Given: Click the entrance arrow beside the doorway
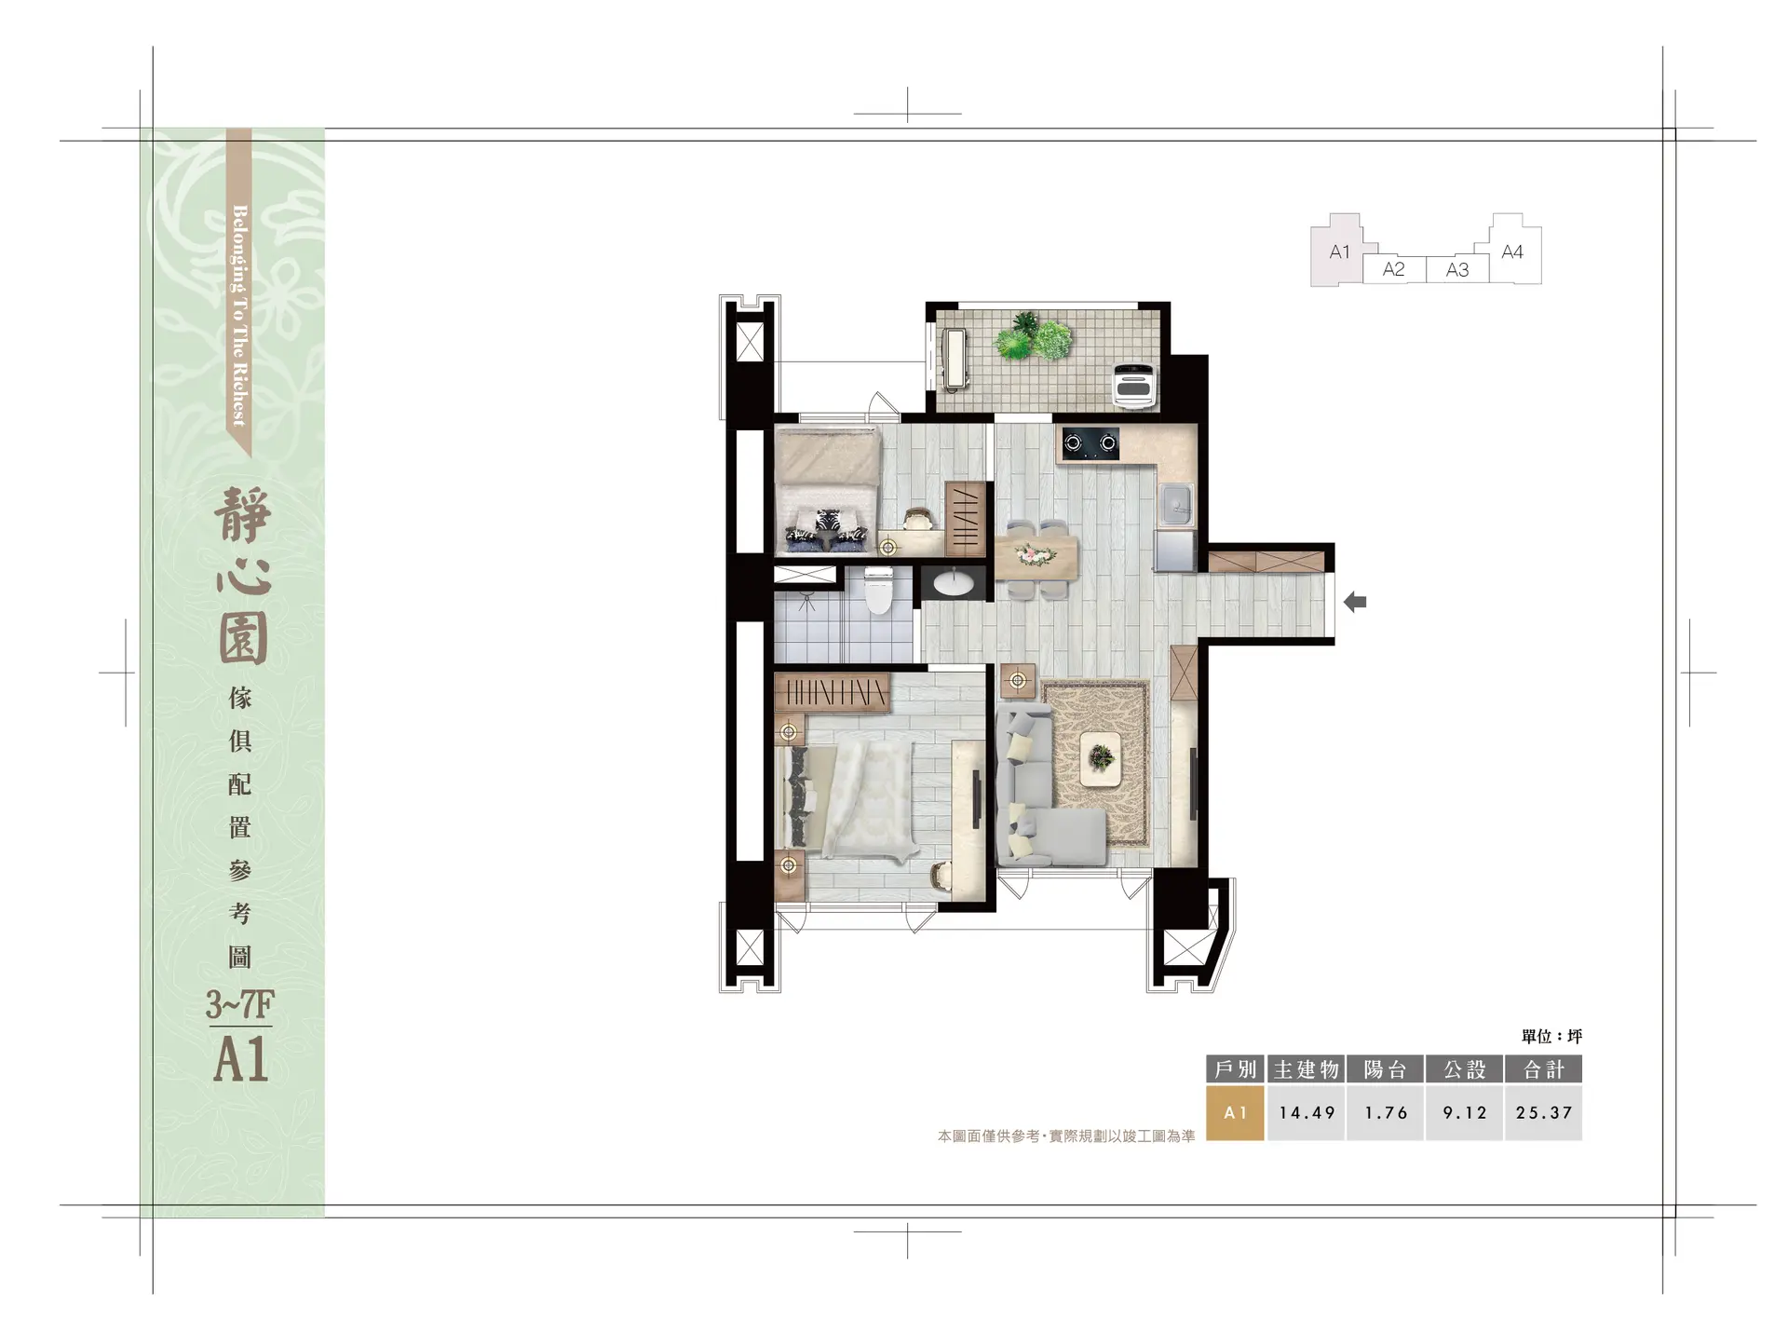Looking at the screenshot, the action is tap(1355, 603).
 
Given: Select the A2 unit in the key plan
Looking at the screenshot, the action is tap(1394, 269).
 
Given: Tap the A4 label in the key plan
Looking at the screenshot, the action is tap(1512, 252).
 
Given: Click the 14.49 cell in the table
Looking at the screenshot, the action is tap(1307, 1112).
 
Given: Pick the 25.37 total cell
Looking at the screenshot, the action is tap(1543, 1112).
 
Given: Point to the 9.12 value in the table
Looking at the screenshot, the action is tap(1465, 1112).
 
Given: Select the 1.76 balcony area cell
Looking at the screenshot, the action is tap(1386, 1112).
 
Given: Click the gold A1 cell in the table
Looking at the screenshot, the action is tap(1235, 1112).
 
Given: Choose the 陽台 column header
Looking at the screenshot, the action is tap(1386, 1069).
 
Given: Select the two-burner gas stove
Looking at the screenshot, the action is tap(1090, 443).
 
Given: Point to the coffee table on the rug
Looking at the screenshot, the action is tap(1101, 758).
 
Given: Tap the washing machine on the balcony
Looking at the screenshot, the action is tap(1136, 385).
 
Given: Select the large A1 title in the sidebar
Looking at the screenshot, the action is tap(241, 1059).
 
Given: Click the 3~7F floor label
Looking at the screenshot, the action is tap(240, 1004).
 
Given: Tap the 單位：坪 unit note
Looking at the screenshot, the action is tap(1551, 1036).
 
